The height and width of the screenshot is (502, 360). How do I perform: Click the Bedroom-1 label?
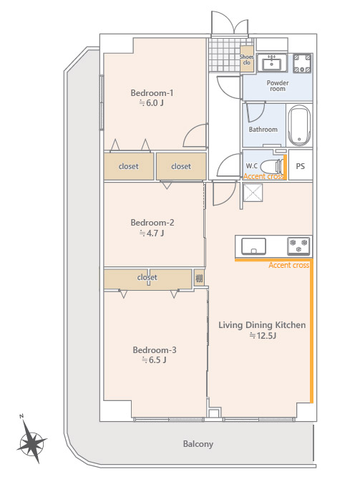point(152,93)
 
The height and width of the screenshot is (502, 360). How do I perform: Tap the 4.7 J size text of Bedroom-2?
point(152,233)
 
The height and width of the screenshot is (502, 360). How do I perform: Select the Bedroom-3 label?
point(155,350)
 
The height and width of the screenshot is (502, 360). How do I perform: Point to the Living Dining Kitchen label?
point(262,325)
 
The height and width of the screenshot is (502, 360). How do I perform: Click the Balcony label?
point(198,444)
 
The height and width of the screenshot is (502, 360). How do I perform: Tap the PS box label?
point(300,166)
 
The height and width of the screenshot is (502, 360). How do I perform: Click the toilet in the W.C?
point(272,166)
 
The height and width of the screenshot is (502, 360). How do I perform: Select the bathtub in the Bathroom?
point(299,125)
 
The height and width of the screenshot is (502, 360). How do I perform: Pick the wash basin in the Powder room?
point(272,62)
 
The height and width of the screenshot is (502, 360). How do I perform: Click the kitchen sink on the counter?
point(253,246)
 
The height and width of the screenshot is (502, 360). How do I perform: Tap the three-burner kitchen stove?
point(298,246)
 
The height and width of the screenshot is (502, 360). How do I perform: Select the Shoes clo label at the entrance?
point(246,59)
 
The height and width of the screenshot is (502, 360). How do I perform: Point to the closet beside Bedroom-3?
point(147,279)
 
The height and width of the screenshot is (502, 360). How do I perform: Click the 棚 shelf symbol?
point(199,279)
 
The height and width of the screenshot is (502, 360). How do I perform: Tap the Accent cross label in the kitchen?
point(288,265)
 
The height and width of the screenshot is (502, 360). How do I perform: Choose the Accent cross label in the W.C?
point(263,176)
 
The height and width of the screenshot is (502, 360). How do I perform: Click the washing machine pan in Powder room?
point(302,63)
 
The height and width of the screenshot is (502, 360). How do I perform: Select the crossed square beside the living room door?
point(253,193)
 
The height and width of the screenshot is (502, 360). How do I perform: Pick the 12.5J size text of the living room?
point(263,336)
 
